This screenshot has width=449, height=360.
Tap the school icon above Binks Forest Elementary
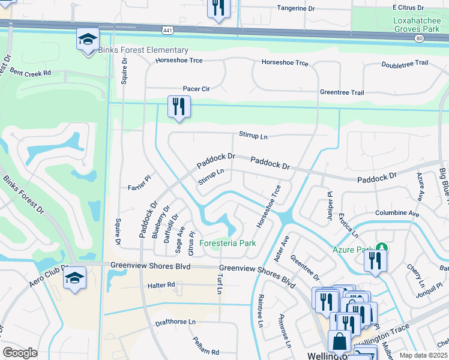point(88,40)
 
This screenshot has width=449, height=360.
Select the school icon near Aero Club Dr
point(75,278)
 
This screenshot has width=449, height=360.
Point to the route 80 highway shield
point(419,37)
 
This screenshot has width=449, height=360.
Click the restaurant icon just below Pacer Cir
point(179,107)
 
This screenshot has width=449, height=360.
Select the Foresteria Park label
point(228,243)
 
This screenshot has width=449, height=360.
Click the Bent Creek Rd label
point(30,73)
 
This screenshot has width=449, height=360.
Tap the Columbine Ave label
point(397,213)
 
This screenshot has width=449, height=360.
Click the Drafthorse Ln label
point(175,322)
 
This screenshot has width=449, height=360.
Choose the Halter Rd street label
point(161,284)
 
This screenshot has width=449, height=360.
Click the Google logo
point(20,353)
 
